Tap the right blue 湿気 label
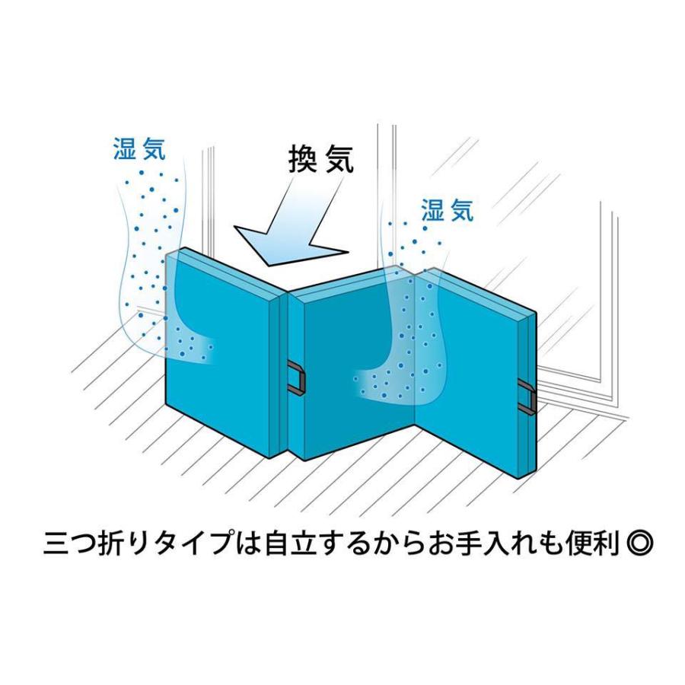(447, 210)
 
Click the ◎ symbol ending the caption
(640, 546)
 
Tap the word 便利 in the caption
(594, 546)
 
